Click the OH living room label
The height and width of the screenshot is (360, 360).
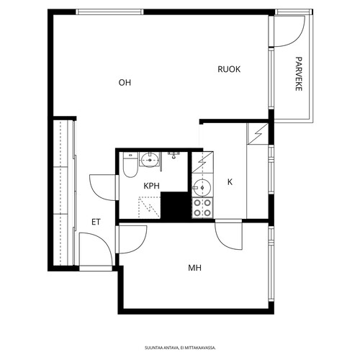click(x=125, y=83)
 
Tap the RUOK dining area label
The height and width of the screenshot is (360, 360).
click(x=229, y=69)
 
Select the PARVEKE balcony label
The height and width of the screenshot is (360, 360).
click(x=298, y=73)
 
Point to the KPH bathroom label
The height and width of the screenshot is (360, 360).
click(x=151, y=186)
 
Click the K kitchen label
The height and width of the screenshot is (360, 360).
click(x=230, y=182)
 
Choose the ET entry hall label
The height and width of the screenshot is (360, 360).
click(x=96, y=222)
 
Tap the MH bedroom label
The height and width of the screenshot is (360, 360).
click(x=194, y=268)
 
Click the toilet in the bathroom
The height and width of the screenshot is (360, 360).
click(x=130, y=165)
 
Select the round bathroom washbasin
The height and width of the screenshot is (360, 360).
click(x=150, y=159)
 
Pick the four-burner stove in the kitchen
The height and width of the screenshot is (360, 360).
click(x=202, y=208)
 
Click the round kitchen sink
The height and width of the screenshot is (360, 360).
click(x=202, y=188)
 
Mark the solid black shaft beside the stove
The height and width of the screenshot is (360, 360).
click(x=175, y=206)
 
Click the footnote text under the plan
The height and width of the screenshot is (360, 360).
click(x=180, y=348)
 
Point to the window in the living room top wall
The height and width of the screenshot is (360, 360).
click(x=109, y=12)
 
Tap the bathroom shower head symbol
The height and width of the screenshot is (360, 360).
click(x=174, y=155)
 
